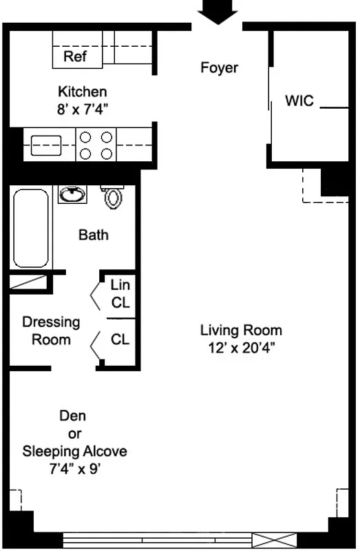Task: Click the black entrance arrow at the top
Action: [218, 12]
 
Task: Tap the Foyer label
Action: [219, 67]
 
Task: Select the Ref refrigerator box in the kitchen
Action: [75, 56]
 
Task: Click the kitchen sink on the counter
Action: [46, 145]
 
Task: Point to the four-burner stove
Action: [96, 145]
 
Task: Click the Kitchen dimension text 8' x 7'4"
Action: [82, 107]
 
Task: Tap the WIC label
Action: [299, 101]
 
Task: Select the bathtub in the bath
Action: [31, 228]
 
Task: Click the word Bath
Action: [93, 236]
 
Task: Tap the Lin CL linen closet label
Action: [120, 293]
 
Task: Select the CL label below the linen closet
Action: [120, 339]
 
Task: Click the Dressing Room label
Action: [51, 331]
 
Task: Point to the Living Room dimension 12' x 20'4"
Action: [241, 347]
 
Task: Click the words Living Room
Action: [241, 330]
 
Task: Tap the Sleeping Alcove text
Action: [74, 452]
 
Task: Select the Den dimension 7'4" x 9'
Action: [74, 470]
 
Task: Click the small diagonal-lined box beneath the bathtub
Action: [29, 282]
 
